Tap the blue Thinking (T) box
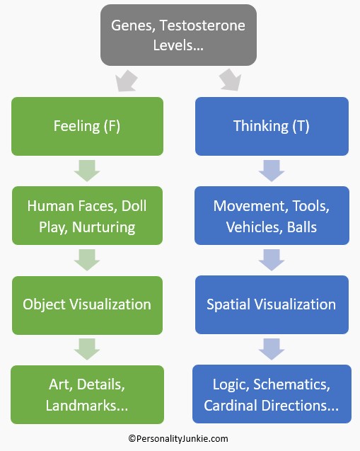pyautogui.click(x=272, y=127)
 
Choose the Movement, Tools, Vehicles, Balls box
pyautogui.click(x=272, y=216)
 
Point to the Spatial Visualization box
pyautogui.click(x=272, y=304)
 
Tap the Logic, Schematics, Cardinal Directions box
pyautogui.click(x=272, y=394)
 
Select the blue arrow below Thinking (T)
pyautogui.click(x=272, y=171)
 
